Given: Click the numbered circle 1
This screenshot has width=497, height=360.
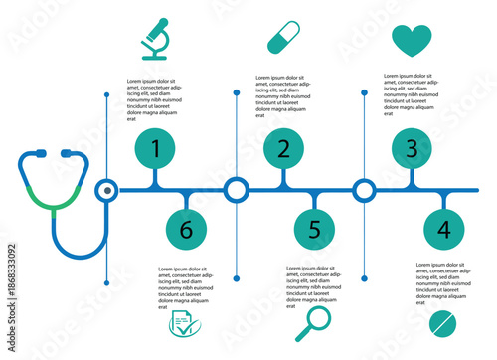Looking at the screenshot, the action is click(x=155, y=149).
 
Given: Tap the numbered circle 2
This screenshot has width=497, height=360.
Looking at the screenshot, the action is click(x=283, y=149).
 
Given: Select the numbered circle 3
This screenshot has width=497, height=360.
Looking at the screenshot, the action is click(x=411, y=149).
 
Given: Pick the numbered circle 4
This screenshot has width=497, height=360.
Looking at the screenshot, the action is click(x=443, y=229).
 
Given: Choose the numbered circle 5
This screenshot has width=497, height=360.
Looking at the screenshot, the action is click(x=314, y=229).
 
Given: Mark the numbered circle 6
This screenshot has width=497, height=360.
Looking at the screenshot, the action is click(x=186, y=229).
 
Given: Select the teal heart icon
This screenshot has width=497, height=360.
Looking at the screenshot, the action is click(x=412, y=40).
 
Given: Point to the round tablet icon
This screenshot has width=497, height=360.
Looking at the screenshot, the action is click(x=443, y=325).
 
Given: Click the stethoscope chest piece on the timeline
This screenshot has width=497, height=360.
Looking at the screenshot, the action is click(x=106, y=189).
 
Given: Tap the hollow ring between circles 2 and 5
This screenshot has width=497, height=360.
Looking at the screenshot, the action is click(x=236, y=189).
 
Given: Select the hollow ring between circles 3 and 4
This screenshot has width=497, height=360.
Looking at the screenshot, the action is click(x=364, y=189).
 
